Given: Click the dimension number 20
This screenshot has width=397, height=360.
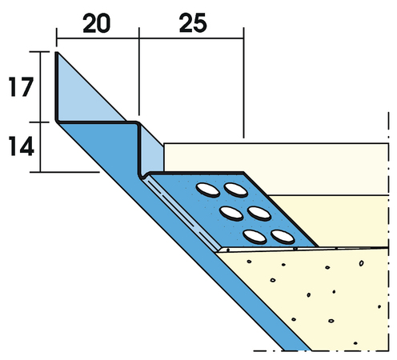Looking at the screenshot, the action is pos(96,23).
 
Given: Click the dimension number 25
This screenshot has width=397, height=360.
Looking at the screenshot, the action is pos(193,23).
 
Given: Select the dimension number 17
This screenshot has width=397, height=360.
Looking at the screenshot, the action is pos(21,86).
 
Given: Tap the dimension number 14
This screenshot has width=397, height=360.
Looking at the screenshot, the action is pos(22,146).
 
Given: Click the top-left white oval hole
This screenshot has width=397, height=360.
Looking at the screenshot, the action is pos(208,190).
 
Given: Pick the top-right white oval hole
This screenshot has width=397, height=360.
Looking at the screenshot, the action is pos(235,190).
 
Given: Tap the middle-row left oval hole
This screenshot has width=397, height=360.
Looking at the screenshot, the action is pos(231,214).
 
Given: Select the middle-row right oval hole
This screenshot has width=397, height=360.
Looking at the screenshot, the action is pos(259,214).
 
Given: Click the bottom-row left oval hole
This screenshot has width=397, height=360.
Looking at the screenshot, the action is pos(255,237).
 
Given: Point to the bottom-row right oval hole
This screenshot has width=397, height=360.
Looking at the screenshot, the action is pos(283,237).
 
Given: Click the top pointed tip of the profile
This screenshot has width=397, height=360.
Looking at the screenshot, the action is pos(57,52).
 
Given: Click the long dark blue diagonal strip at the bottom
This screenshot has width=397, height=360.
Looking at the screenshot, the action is pos(184,238).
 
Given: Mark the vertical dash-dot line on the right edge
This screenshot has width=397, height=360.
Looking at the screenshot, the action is pos(388,231).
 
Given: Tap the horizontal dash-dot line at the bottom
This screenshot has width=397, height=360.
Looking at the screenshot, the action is pos(321,351).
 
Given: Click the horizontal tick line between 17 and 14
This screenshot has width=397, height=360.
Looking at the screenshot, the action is pos(39,122).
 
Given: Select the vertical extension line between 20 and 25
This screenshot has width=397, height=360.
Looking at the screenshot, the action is pos(138,71).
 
